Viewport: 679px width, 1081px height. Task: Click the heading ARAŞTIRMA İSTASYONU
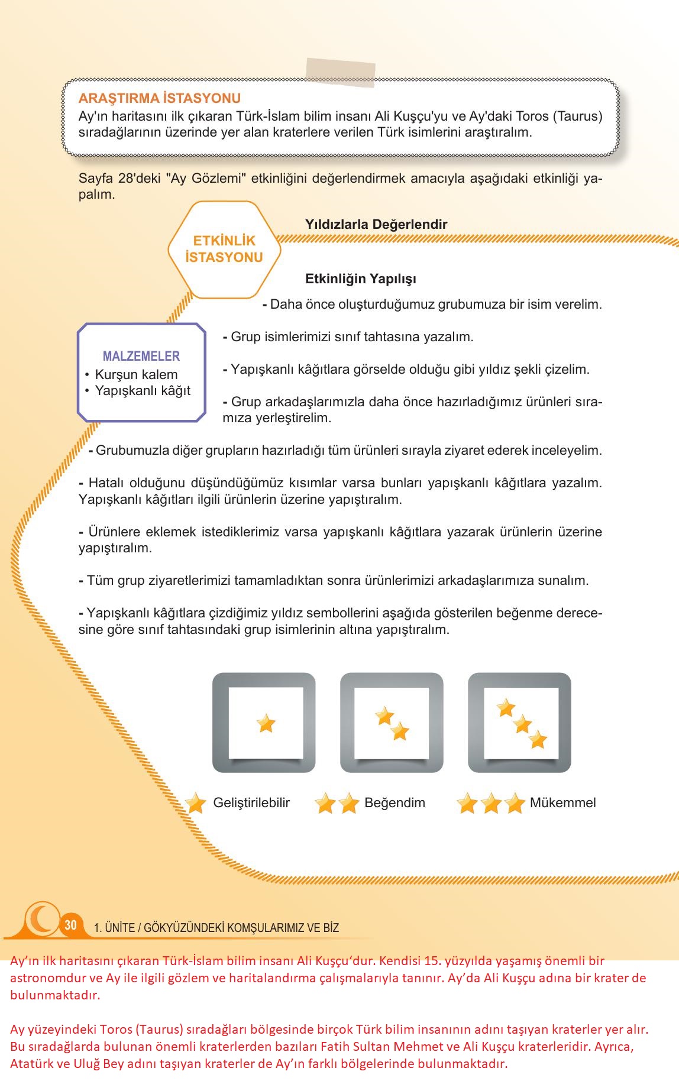click(x=160, y=98)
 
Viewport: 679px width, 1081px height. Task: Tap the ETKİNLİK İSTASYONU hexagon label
click(x=224, y=249)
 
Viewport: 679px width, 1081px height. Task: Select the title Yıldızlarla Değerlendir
click(x=376, y=224)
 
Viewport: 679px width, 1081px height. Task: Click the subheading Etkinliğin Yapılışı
click(x=361, y=279)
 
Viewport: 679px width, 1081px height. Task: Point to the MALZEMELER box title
click(x=141, y=356)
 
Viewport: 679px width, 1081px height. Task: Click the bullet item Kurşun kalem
click(x=136, y=374)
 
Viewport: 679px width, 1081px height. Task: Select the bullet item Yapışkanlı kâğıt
click(x=143, y=390)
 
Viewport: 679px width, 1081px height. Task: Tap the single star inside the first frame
click(x=266, y=723)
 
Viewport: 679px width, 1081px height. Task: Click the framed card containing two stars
click(x=392, y=723)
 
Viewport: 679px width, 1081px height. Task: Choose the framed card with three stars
click(x=519, y=723)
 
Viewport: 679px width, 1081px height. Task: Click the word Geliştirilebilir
click(x=251, y=802)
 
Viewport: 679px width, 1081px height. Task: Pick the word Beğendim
click(x=395, y=802)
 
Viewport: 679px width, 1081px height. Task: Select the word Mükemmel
click(x=562, y=802)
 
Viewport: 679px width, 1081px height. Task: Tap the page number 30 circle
click(x=71, y=925)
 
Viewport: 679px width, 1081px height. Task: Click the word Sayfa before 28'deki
click(x=95, y=179)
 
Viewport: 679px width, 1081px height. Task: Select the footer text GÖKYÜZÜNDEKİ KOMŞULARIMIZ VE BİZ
click(x=241, y=928)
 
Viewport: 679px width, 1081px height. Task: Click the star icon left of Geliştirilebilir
click(x=196, y=803)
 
